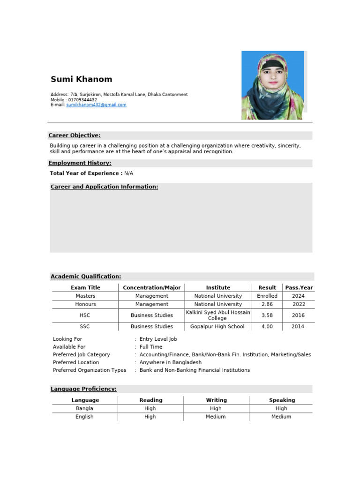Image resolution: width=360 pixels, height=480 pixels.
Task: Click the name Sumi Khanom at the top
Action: [81, 79]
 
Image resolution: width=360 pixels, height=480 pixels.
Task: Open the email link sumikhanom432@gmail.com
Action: [96, 105]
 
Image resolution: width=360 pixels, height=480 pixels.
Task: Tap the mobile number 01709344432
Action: [82, 100]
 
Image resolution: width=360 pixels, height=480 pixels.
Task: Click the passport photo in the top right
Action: [272, 85]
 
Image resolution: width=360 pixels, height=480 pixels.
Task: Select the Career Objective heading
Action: [75, 135]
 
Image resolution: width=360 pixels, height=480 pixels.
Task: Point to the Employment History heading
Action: [80, 163]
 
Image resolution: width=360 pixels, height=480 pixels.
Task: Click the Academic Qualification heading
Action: [86, 277]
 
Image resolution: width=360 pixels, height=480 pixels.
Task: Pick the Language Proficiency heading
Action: [83, 389]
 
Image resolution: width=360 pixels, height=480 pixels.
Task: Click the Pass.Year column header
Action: [299, 288]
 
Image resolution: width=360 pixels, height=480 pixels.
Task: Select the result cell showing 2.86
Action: [267, 304]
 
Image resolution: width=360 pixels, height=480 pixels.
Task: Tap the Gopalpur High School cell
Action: [217, 327]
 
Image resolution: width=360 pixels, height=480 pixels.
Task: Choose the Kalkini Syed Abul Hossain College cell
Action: [218, 315]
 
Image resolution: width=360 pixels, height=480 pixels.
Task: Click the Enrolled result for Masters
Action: [267, 296]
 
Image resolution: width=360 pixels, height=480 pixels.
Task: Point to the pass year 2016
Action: [298, 315]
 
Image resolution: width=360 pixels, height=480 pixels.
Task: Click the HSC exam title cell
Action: [85, 315]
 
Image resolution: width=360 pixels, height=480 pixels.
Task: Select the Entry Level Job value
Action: [158, 339]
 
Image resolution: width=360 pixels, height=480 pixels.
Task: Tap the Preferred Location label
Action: [76, 362]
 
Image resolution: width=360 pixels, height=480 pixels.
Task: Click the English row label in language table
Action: [84, 417]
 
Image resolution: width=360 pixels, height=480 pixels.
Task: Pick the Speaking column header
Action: [282, 400]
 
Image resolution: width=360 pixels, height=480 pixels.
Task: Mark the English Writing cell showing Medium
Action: [216, 417]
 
